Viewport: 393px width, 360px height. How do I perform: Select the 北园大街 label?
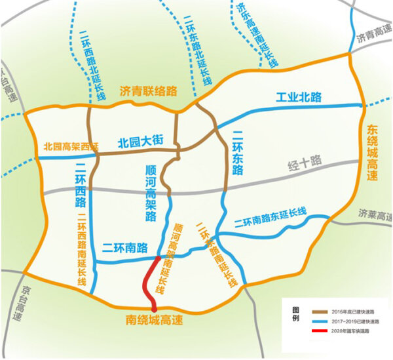pos(140,141)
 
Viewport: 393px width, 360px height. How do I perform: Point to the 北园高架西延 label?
pos(70,147)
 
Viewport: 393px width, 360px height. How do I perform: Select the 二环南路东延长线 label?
pos(270,216)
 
